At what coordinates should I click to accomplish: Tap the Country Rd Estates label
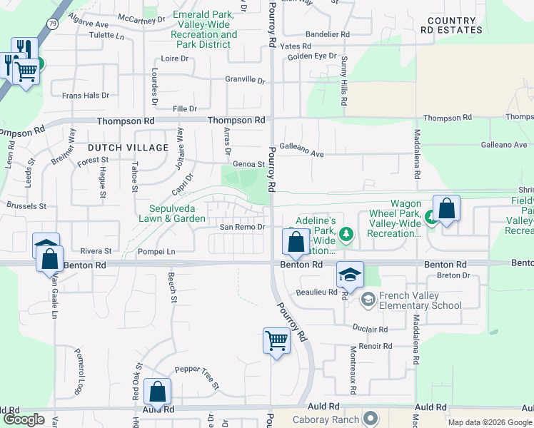[x=450, y=26]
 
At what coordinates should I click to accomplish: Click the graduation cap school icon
[x=350, y=274]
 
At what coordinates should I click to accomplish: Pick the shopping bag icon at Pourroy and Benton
[x=296, y=242]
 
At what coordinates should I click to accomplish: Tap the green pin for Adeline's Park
[x=346, y=233]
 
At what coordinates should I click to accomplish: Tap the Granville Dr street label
[x=245, y=79]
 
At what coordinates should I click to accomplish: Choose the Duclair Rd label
[x=369, y=329]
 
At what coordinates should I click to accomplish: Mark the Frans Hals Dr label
[x=86, y=95]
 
